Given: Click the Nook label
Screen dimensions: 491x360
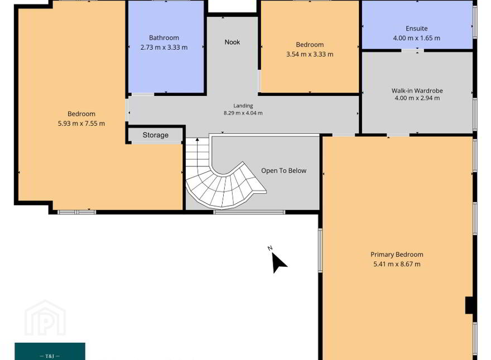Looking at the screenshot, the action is [x=232, y=42].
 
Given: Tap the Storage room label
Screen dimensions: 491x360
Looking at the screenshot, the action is [x=155, y=135].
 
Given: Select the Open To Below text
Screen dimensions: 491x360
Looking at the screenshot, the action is [x=283, y=170].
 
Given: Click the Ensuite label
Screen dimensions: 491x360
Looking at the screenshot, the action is [x=416, y=28].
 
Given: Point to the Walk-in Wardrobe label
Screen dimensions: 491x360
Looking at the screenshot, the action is [x=417, y=90].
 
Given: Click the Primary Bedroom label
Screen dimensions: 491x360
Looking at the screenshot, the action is [x=397, y=255].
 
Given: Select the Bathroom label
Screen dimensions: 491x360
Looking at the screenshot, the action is [x=164, y=37].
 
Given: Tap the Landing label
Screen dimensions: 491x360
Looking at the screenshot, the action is [x=243, y=106].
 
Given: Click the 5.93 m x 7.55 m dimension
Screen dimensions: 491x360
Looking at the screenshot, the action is [x=81, y=123].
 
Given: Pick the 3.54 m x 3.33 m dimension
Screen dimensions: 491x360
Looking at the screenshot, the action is [x=310, y=54].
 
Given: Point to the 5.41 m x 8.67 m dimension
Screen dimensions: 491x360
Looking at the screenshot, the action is [x=397, y=264].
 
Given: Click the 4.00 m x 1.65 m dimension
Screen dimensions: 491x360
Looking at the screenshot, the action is [x=416, y=38].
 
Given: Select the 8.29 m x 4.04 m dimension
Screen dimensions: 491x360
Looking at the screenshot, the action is [x=243, y=113].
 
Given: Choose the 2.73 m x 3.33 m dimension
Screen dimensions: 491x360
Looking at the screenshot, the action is [x=164, y=47].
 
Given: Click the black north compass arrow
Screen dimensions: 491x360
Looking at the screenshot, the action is [x=278, y=262].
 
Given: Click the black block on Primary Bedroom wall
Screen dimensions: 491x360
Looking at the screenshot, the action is [x=469, y=305].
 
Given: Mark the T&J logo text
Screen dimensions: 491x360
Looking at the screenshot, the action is [x=50, y=356].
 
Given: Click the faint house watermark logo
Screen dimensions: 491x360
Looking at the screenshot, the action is [x=45, y=318].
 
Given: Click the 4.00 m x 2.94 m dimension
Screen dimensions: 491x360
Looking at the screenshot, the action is [x=417, y=98].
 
